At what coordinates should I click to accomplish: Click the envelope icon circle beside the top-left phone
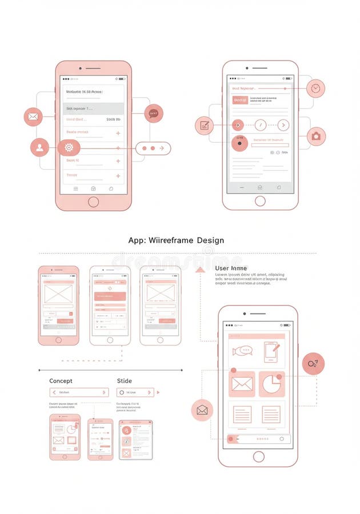coord(33,117)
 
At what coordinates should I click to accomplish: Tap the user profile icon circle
coord(39,147)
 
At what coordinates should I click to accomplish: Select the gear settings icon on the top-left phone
coord(69,147)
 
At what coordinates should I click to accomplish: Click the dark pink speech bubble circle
coord(154,114)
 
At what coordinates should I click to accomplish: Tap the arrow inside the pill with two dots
coord(162,148)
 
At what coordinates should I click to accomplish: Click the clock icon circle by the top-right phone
coord(315,88)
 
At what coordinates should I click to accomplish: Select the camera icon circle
coord(315,136)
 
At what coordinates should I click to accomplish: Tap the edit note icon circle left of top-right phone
coord(204,125)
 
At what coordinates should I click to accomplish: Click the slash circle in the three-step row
coord(261,125)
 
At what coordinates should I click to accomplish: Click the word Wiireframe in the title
coord(170,240)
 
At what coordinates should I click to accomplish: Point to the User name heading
coord(231,268)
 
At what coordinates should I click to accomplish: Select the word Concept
coord(61,381)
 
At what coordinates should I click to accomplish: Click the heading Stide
coord(124,381)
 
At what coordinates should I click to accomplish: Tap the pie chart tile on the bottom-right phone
coord(271,384)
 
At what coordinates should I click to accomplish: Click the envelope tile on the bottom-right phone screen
coord(242,384)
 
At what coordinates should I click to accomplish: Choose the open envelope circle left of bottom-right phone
coord(202,410)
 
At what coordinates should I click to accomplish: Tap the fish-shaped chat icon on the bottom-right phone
coord(242,351)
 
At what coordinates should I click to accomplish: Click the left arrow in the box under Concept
coord(54,392)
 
